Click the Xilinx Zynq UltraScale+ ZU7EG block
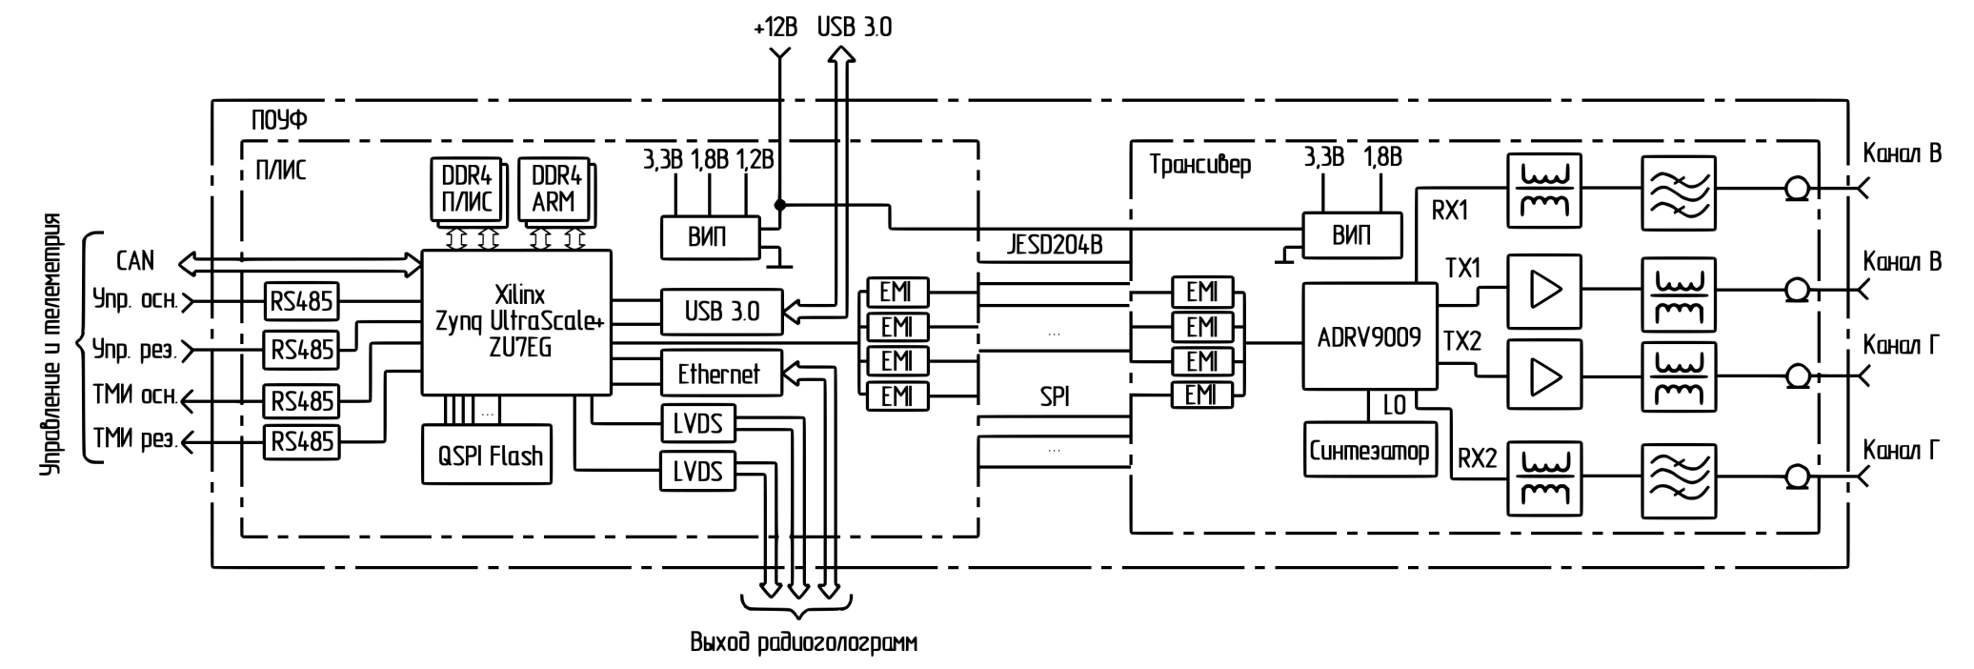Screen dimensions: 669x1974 click(x=516, y=322)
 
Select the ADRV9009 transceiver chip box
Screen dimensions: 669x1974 click(x=1369, y=335)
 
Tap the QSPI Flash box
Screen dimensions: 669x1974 click(x=488, y=456)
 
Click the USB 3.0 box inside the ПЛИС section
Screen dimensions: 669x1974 click(x=721, y=311)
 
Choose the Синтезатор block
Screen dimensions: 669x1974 click(x=1369, y=451)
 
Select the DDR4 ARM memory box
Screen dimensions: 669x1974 click(x=555, y=190)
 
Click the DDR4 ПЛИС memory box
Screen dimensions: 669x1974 click(x=466, y=190)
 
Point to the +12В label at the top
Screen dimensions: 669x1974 click(x=775, y=28)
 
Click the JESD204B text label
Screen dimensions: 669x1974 click(x=1054, y=245)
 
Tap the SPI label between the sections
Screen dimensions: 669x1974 click(x=1054, y=396)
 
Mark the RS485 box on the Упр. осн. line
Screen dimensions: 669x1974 click(x=302, y=302)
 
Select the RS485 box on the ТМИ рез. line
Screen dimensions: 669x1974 click(x=302, y=441)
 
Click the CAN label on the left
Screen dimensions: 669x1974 click(x=134, y=260)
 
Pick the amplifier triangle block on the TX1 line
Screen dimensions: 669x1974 click(x=1543, y=291)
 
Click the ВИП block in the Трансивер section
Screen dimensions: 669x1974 click(x=1352, y=234)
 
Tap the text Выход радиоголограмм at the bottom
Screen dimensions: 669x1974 click(x=803, y=642)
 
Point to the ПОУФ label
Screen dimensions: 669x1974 click(x=279, y=120)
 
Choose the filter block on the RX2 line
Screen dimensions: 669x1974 click(x=1678, y=478)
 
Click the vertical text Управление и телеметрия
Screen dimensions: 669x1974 click(x=53, y=347)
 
